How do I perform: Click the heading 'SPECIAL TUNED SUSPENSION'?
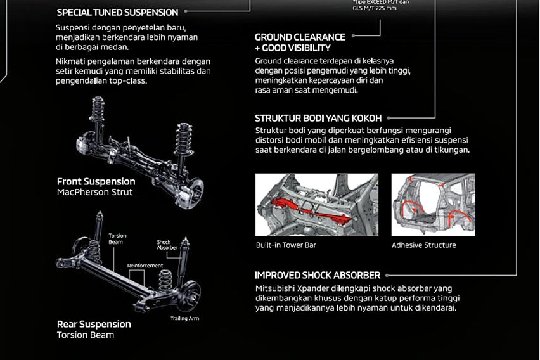coord(117,12)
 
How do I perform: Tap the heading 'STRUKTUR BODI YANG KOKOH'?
coord(319,118)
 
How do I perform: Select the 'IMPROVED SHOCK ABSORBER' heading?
coord(317,275)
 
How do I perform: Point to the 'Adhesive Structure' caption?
coord(423,245)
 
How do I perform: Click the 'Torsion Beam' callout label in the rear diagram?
coord(117,238)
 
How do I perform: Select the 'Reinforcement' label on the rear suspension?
coord(145,266)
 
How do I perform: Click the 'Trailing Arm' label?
coord(184,318)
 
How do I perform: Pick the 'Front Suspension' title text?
coord(96,181)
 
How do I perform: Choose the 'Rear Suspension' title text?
coord(94,324)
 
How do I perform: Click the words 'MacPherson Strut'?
coord(94,192)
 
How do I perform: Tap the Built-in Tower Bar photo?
coord(317,204)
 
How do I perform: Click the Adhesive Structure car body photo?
coord(433,204)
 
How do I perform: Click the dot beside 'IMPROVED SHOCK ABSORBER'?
coord(387,275)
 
